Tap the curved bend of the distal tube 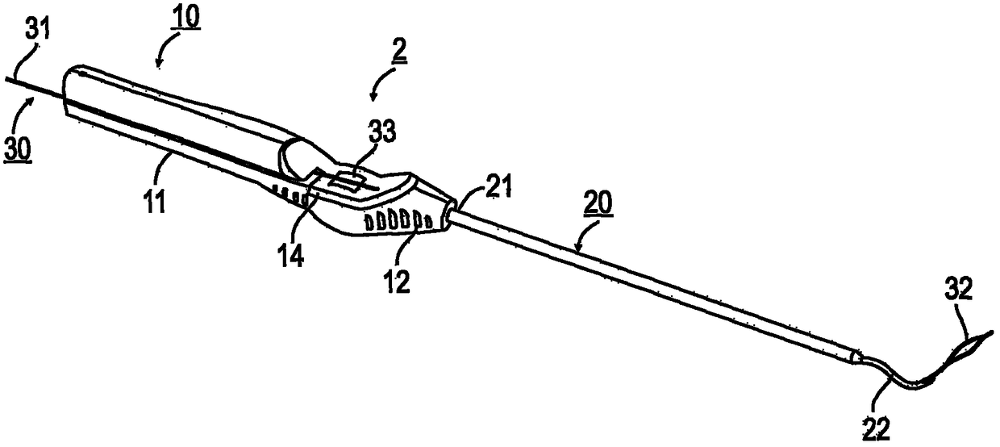(895, 380)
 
